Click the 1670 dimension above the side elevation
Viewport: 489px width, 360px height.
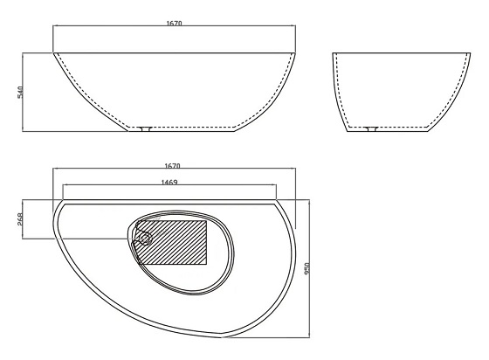(174, 23)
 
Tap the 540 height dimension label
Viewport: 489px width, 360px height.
(20, 92)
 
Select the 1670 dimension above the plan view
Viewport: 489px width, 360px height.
(173, 166)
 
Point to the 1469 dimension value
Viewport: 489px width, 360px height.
(169, 182)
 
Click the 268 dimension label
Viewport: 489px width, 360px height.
(19, 219)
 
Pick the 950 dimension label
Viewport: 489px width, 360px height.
(306, 268)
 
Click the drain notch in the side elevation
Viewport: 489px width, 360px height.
(145, 128)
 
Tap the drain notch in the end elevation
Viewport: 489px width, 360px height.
(371, 128)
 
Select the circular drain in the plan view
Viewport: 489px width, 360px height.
(145, 239)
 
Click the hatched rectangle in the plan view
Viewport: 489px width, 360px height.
(172, 242)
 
